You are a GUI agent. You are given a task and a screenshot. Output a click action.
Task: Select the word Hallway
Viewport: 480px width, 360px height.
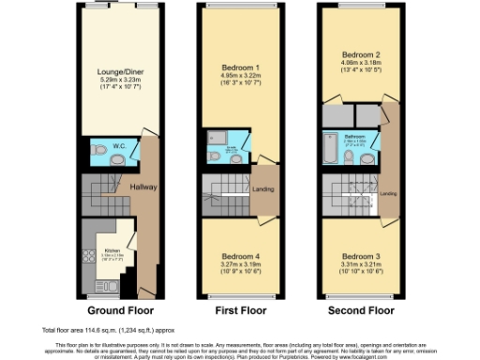(142, 187)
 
